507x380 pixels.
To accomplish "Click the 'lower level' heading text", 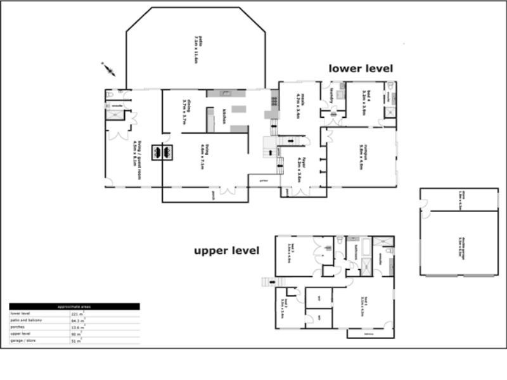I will [x=361, y=68].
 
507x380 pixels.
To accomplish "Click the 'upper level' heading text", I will [x=226, y=251].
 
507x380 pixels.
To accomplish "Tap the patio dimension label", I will [x=196, y=51].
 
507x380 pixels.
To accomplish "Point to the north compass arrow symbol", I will [x=108, y=68].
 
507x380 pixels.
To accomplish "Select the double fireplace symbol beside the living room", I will [x=162, y=152].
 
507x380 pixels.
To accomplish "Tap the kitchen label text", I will [x=224, y=117].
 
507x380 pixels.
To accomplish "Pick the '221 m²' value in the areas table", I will [x=74, y=313].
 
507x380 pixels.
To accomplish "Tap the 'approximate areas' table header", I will [x=74, y=307].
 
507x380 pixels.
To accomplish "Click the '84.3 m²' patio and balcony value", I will [x=75, y=320].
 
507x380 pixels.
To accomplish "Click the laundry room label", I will [x=331, y=96].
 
